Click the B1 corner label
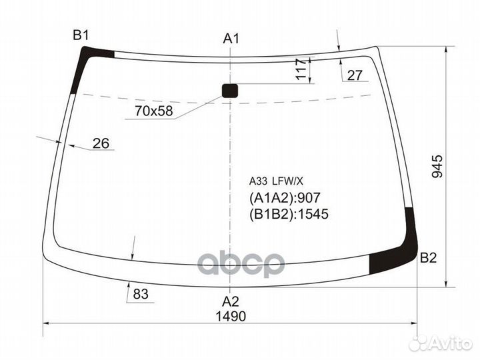click(x=81, y=35)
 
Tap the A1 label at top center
click(x=231, y=39)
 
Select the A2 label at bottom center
click(x=230, y=300)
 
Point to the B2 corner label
click(x=427, y=259)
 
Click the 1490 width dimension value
click(x=231, y=317)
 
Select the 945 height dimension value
click(x=437, y=166)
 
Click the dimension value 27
click(x=355, y=75)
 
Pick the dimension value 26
click(x=101, y=143)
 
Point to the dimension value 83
click(x=140, y=293)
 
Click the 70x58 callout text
click(x=152, y=111)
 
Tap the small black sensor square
click(x=230, y=91)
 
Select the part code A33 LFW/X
click(x=276, y=180)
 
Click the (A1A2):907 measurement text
click(x=285, y=198)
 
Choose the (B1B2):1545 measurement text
click(x=289, y=214)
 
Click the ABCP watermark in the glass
click(x=241, y=263)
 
